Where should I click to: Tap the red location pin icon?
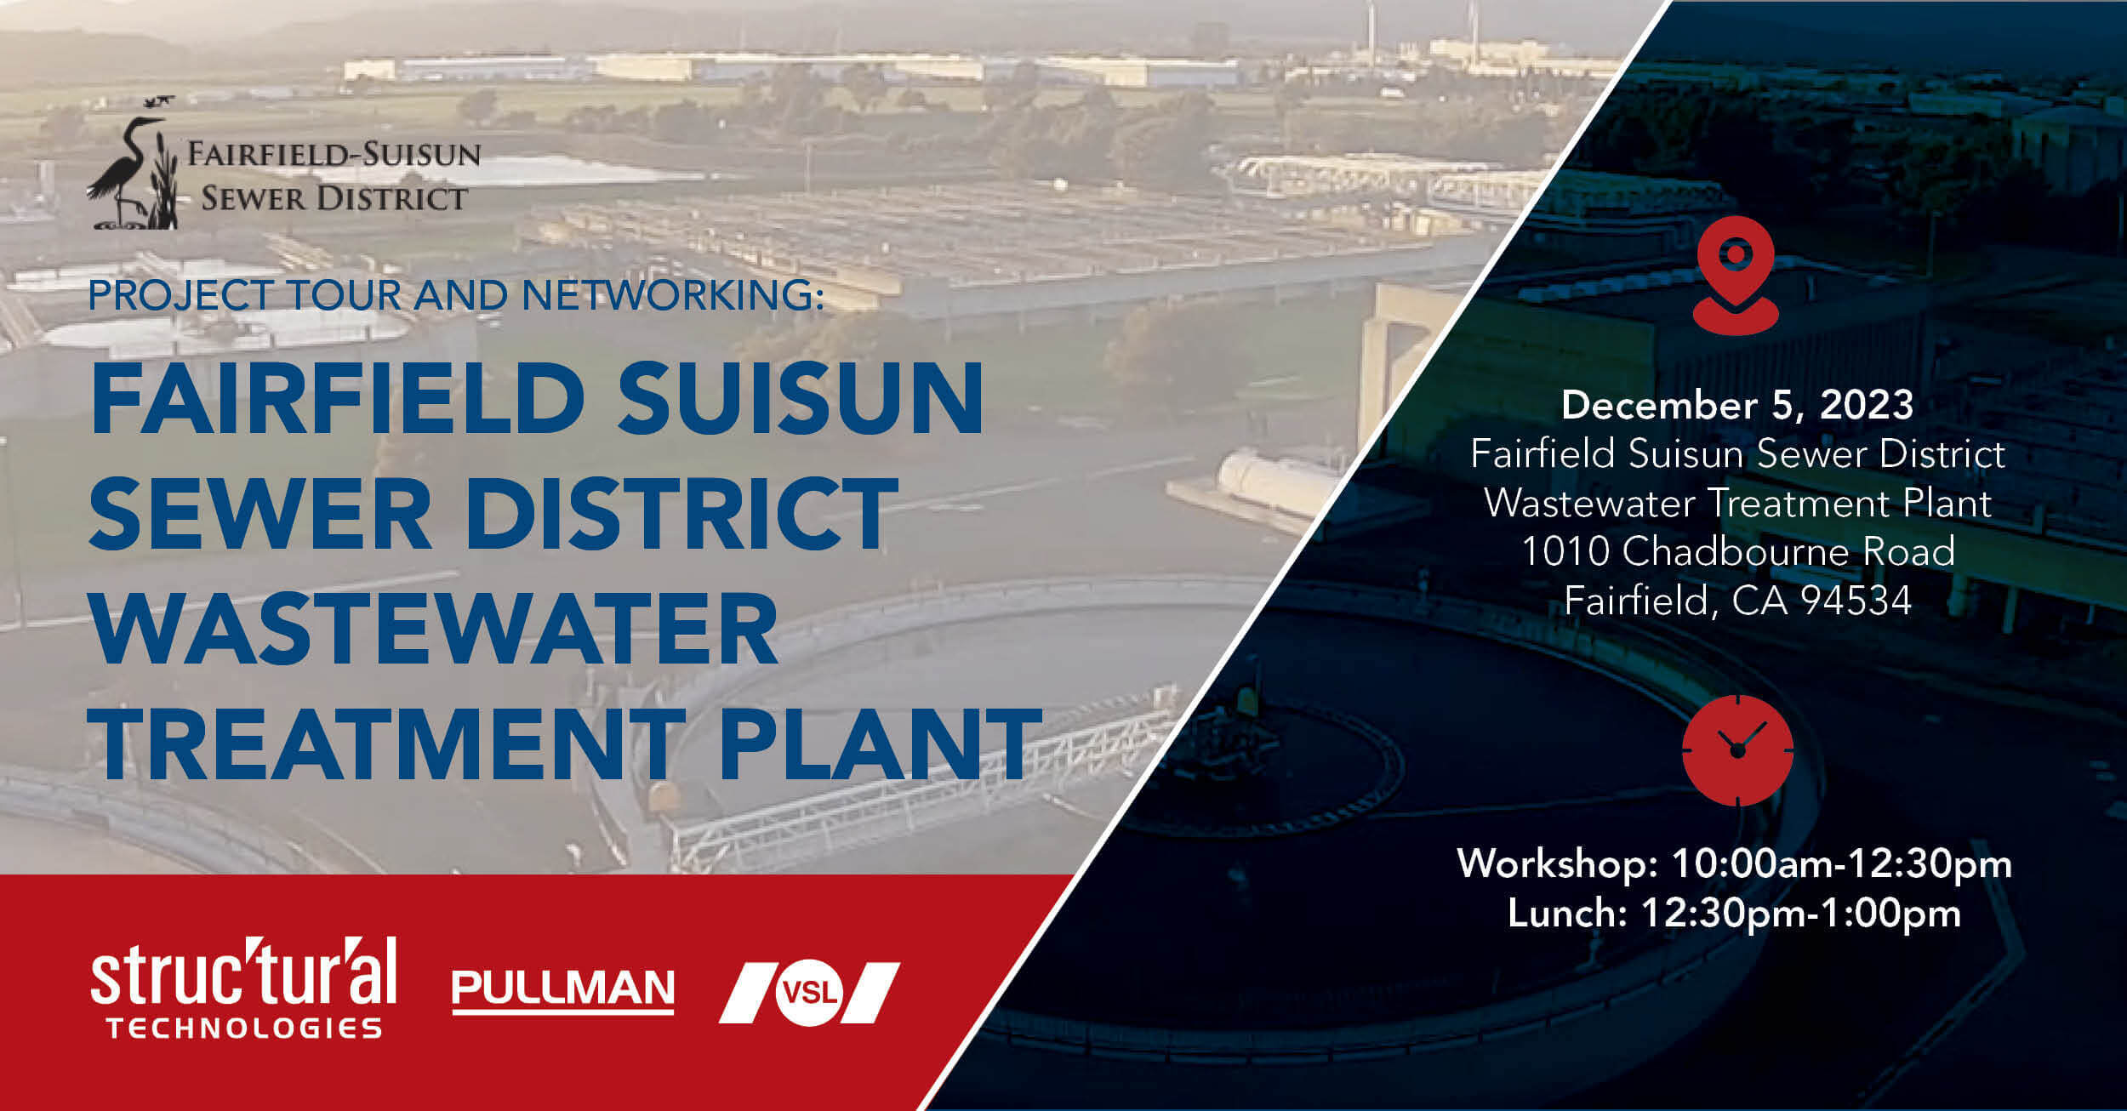coord(1735,274)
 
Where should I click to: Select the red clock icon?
coord(1737,749)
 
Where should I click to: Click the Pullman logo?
coord(562,991)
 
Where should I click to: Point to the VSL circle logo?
coord(808,992)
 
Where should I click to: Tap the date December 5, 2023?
coord(1737,405)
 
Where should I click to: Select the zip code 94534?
coord(1856,601)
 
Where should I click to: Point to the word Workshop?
coord(1557,864)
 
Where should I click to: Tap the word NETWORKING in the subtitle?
coord(672,295)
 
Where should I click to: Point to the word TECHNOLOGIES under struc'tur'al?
coord(244,1028)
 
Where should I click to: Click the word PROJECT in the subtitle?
coord(180,295)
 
